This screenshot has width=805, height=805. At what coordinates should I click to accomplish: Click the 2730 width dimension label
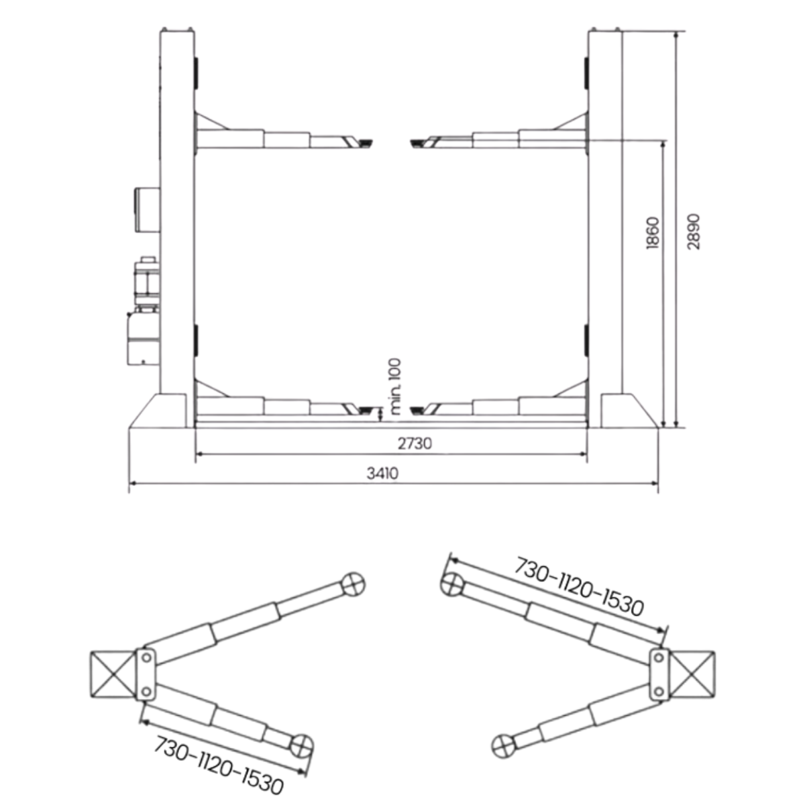point(415,443)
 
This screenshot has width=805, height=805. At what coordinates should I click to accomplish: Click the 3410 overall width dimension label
point(382,474)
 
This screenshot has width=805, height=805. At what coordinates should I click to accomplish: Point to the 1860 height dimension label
point(652,233)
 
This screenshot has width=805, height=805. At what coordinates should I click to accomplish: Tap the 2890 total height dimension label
point(694,232)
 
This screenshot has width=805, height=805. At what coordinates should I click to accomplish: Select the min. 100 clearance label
point(394,386)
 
